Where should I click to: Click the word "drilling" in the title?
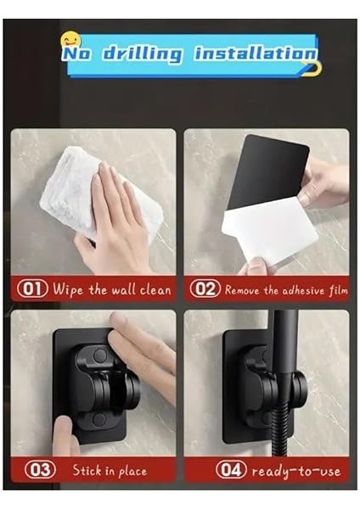pos(142,54)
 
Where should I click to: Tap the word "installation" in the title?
pos(255,53)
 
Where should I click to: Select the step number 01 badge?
pos(32,289)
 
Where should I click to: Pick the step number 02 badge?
pos(205,289)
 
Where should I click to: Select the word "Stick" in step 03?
pos(88,470)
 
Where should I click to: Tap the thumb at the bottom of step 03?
pos(65,437)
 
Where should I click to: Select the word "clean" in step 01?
pos(152,289)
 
